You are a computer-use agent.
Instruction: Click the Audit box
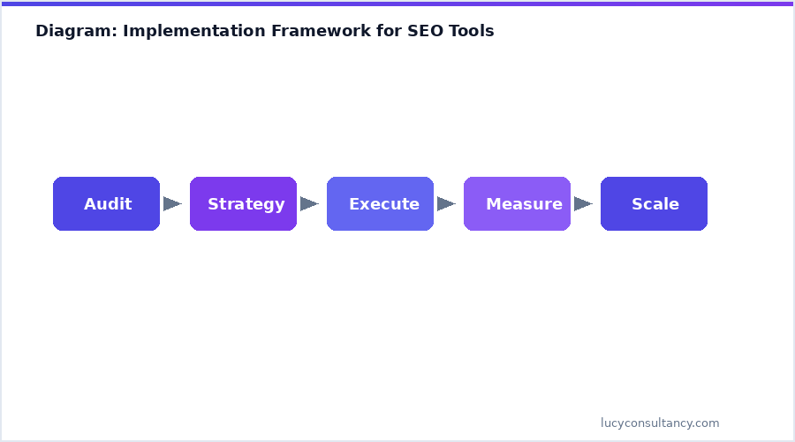coord(106,204)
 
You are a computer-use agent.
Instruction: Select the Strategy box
coord(243,204)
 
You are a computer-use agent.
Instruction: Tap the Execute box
coord(380,204)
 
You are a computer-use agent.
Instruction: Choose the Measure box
coord(517,204)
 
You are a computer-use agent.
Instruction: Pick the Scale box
coord(654,204)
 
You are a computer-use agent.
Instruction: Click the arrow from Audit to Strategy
coord(172,204)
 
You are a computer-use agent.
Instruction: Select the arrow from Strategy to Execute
coord(309,204)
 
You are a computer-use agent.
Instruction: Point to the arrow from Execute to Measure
coord(446,204)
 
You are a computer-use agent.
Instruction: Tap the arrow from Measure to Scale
coord(583,204)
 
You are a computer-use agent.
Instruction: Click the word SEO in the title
coord(426,31)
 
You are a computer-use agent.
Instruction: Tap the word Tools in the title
coord(473,31)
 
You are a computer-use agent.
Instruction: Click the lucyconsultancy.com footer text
coord(660,423)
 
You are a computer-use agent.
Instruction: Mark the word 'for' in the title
coord(389,31)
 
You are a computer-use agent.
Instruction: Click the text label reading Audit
coord(108,204)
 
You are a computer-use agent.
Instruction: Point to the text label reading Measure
coord(524,204)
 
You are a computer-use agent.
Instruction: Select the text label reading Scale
coord(655,204)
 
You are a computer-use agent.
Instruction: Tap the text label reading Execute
coord(384,204)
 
